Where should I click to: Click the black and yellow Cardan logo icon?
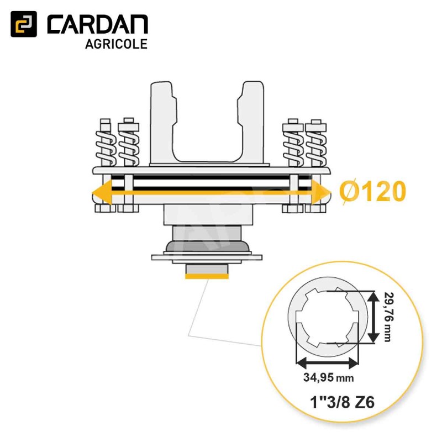pos(24,24)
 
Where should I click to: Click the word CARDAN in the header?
pos(97,25)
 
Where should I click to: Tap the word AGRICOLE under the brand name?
pos(116,44)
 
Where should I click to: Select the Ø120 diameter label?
pos(372,192)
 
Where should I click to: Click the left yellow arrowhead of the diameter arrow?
pos(102,193)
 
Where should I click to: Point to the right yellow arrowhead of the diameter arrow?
pos(321,193)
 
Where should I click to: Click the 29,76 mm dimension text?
pos(388,317)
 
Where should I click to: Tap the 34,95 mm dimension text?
pos(328,377)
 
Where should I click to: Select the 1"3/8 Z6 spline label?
pos(342,402)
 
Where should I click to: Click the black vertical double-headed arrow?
pos(373,317)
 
